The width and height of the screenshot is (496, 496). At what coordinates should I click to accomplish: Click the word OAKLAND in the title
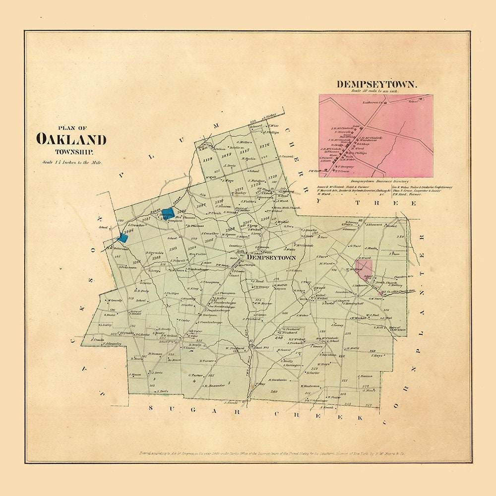point(71,139)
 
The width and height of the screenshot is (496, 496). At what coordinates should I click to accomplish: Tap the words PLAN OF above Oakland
point(71,126)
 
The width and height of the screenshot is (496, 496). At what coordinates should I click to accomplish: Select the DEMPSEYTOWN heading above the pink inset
point(377,84)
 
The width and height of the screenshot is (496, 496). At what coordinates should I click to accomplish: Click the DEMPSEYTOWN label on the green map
point(271,258)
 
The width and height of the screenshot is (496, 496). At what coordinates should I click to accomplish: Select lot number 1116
point(264,145)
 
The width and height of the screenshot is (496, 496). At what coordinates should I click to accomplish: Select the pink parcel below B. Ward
point(365,271)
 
